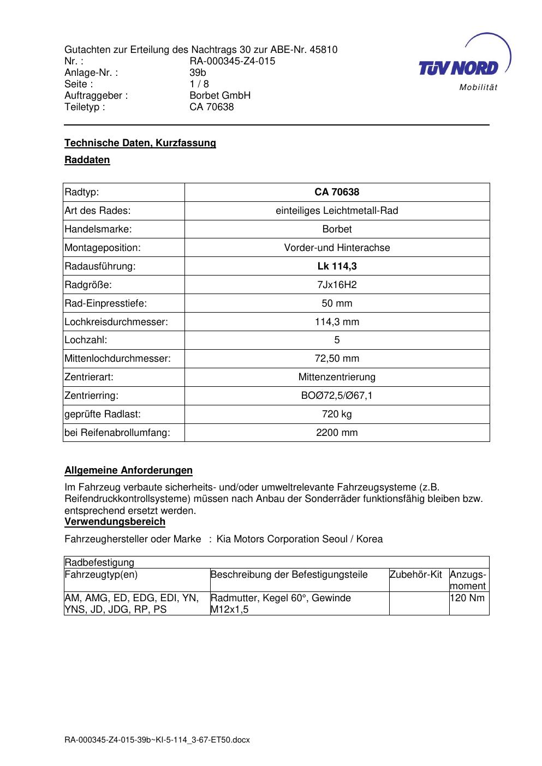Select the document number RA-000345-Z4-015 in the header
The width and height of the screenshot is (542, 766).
click(x=232, y=61)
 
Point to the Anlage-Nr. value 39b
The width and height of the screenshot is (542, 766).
click(x=198, y=73)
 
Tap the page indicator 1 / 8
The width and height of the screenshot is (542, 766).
click(x=199, y=84)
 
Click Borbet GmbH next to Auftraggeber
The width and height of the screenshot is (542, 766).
click(x=219, y=95)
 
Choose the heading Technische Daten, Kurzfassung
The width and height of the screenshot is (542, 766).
click(x=140, y=143)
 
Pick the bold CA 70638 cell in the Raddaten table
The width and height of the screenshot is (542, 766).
click(x=337, y=192)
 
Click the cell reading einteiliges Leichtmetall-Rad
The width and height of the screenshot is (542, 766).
click(x=337, y=211)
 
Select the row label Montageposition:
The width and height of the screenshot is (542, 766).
click(x=103, y=248)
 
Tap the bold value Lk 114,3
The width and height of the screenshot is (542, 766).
click(x=337, y=266)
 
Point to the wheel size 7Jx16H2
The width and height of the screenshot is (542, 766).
click(x=337, y=285)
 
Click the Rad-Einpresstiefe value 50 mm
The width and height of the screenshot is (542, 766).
click(x=337, y=303)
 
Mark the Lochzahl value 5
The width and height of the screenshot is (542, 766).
click(x=337, y=340)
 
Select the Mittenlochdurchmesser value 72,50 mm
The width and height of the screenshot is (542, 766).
click(x=337, y=358)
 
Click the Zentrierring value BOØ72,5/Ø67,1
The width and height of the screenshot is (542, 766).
click(x=337, y=396)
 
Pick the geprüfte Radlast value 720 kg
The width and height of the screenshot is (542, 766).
click(x=337, y=414)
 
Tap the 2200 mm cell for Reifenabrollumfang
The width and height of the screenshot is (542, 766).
click(x=337, y=433)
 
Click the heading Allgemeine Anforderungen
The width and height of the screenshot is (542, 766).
click(x=128, y=470)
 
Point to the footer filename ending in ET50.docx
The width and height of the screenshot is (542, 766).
click(x=157, y=740)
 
